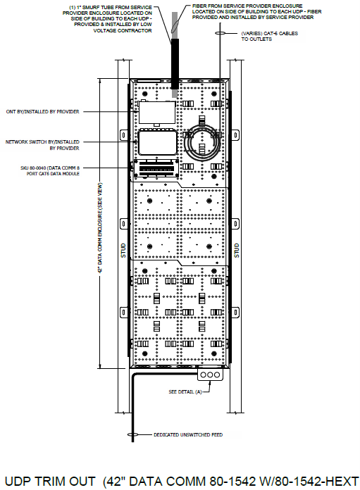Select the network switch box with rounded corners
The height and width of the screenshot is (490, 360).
point(156,144)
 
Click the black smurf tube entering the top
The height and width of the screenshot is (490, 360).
point(174,63)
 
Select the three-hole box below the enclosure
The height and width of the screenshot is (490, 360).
point(211,375)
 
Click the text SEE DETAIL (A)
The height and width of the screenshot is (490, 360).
point(185,391)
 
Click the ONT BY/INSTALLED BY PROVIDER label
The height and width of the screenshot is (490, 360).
point(43,111)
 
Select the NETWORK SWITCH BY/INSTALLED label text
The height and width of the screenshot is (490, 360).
point(42,144)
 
